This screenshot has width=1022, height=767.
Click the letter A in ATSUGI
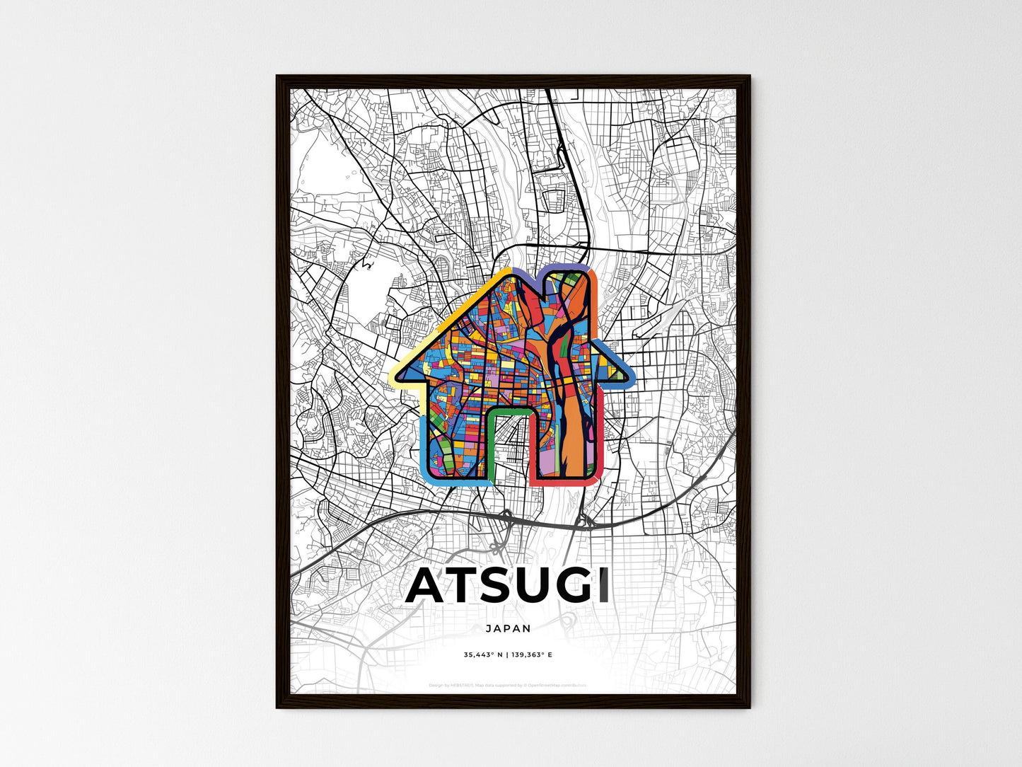click(429, 586)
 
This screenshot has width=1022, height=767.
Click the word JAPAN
click(509, 628)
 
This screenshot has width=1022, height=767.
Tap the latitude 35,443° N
click(483, 655)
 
